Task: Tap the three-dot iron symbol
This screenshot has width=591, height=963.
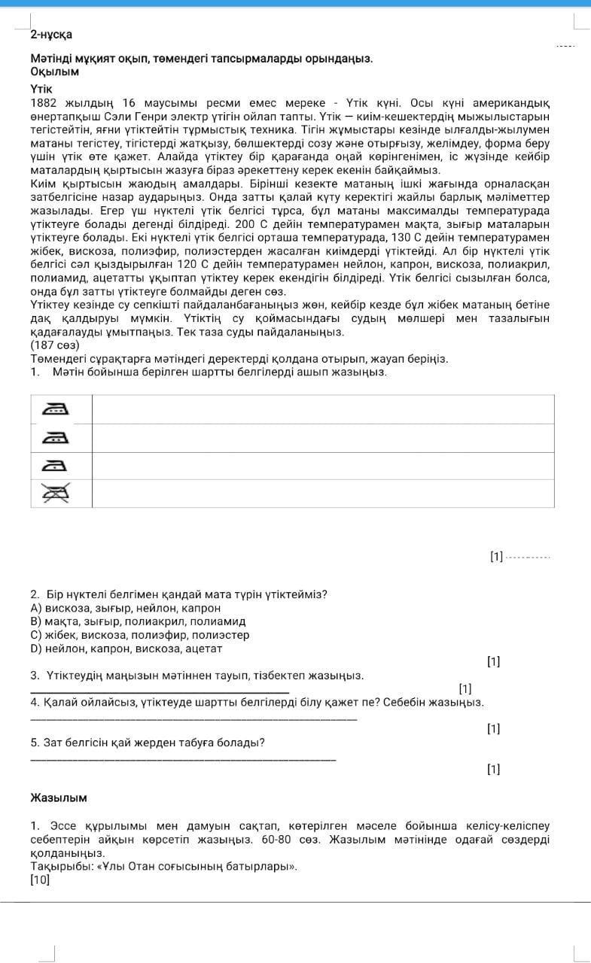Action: [x=55, y=409]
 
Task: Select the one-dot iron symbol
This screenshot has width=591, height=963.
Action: [x=55, y=464]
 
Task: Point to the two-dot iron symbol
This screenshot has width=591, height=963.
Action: [x=55, y=436]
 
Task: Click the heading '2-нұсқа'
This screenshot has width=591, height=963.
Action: [x=51, y=35]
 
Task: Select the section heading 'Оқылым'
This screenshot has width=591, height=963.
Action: [x=54, y=72]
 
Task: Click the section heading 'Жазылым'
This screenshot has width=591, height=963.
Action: [x=59, y=797]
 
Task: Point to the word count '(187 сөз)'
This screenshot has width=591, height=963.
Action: [x=55, y=345]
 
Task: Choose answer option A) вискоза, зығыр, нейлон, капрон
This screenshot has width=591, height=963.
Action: [x=125, y=608]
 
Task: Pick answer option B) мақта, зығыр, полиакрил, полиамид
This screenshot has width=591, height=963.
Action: [x=138, y=621]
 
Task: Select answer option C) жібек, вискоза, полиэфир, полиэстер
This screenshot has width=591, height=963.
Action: [x=139, y=635]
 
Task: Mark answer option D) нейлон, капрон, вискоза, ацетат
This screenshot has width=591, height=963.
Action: [x=126, y=649]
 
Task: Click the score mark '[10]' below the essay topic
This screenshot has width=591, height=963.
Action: [x=39, y=879]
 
